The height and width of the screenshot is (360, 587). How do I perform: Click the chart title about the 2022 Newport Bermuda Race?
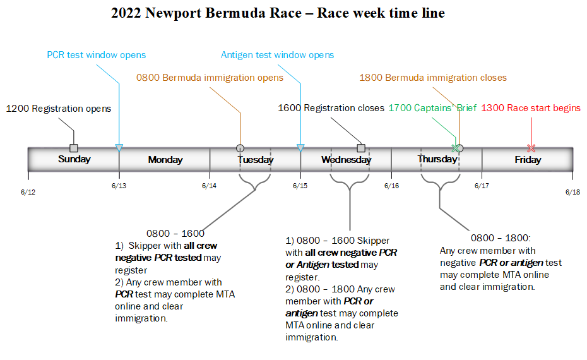pyautogui.click(x=278, y=13)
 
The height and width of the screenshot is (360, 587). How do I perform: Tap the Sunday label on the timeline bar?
pyautogui.click(x=74, y=159)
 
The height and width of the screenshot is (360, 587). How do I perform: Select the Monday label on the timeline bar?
pyautogui.click(x=165, y=160)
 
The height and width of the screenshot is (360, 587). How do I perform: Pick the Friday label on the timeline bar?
pyautogui.click(x=528, y=160)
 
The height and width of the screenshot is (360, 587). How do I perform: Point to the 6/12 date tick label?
pyautogui.click(x=28, y=192)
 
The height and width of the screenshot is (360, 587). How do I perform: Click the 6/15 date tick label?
pyautogui.click(x=300, y=186)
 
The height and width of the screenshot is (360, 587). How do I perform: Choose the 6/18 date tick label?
pyautogui.click(x=572, y=192)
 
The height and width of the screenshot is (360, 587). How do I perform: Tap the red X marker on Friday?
pyautogui.click(x=531, y=148)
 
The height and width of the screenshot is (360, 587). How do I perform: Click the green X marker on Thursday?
pyautogui.click(x=454, y=148)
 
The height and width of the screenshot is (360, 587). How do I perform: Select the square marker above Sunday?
pyautogui.click(x=74, y=148)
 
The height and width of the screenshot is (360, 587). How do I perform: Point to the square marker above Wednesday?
pyautogui.click(x=361, y=148)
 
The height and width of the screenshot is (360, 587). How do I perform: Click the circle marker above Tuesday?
pyautogui.click(x=240, y=148)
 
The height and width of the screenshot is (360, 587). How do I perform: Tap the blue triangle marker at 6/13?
pyautogui.click(x=119, y=148)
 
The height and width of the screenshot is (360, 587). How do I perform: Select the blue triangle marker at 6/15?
pyautogui.click(x=300, y=148)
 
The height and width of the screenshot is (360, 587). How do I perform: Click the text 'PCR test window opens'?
pyautogui.click(x=97, y=55)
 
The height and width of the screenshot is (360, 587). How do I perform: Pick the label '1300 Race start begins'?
pyautogui.click(x=531, y=108)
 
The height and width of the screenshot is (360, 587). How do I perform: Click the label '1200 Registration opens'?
pyautogui.click(x=59, y=109)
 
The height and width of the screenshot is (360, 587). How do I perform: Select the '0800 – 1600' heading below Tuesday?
pyautogui.click(x=175, y=233)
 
